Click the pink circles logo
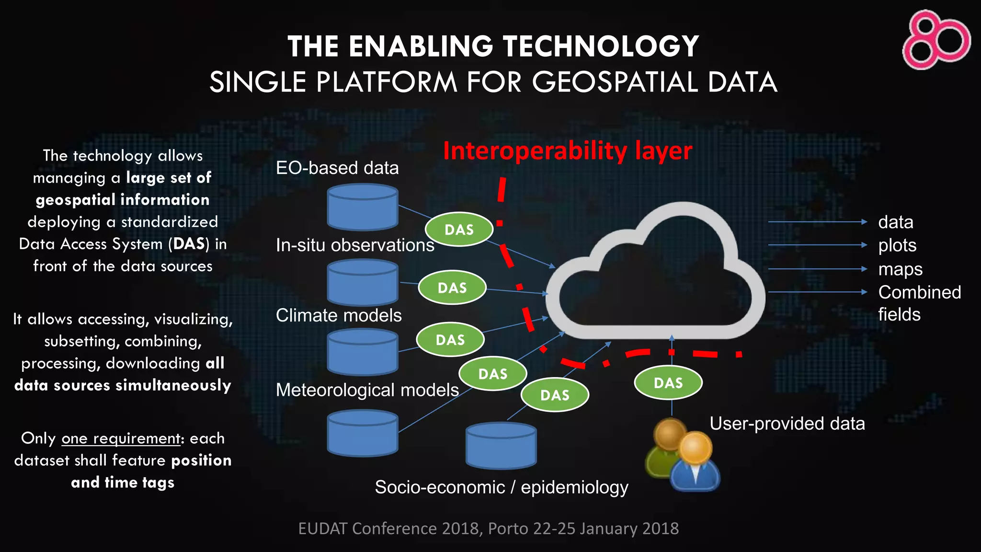(936, 40)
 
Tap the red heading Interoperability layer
(567, 151)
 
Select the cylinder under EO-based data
(363, 207)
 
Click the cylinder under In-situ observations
(363, 282)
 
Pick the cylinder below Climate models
(363, 352)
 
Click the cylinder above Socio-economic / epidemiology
(501, 445)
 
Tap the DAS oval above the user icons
(668, 383)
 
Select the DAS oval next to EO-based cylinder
(459, 230)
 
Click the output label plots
(897, 245)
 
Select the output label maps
(900, 269)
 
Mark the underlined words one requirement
(121, 438)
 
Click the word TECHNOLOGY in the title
(601, 47)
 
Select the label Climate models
(339, 316)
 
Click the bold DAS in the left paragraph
(189, 244)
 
